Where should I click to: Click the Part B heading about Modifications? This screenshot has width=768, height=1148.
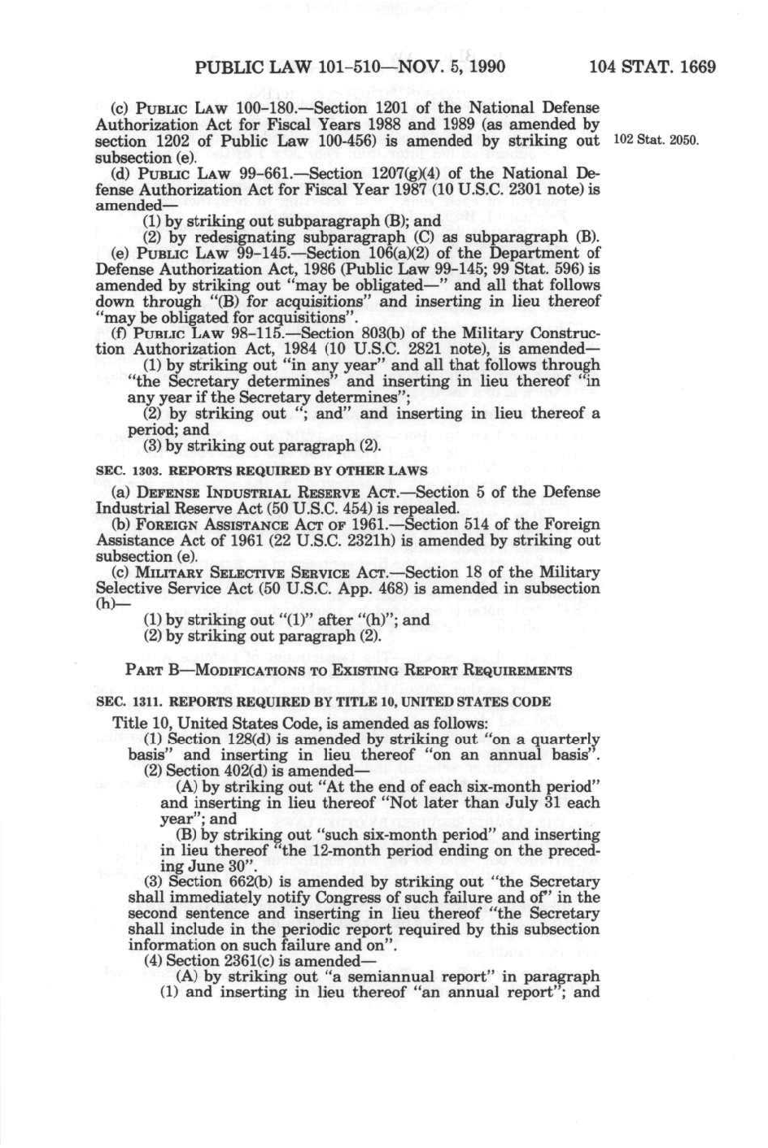[x=349, y=671]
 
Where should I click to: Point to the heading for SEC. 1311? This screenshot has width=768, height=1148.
[x=323, y=702]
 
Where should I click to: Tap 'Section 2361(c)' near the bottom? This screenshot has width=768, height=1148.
[x=216, y=961]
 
